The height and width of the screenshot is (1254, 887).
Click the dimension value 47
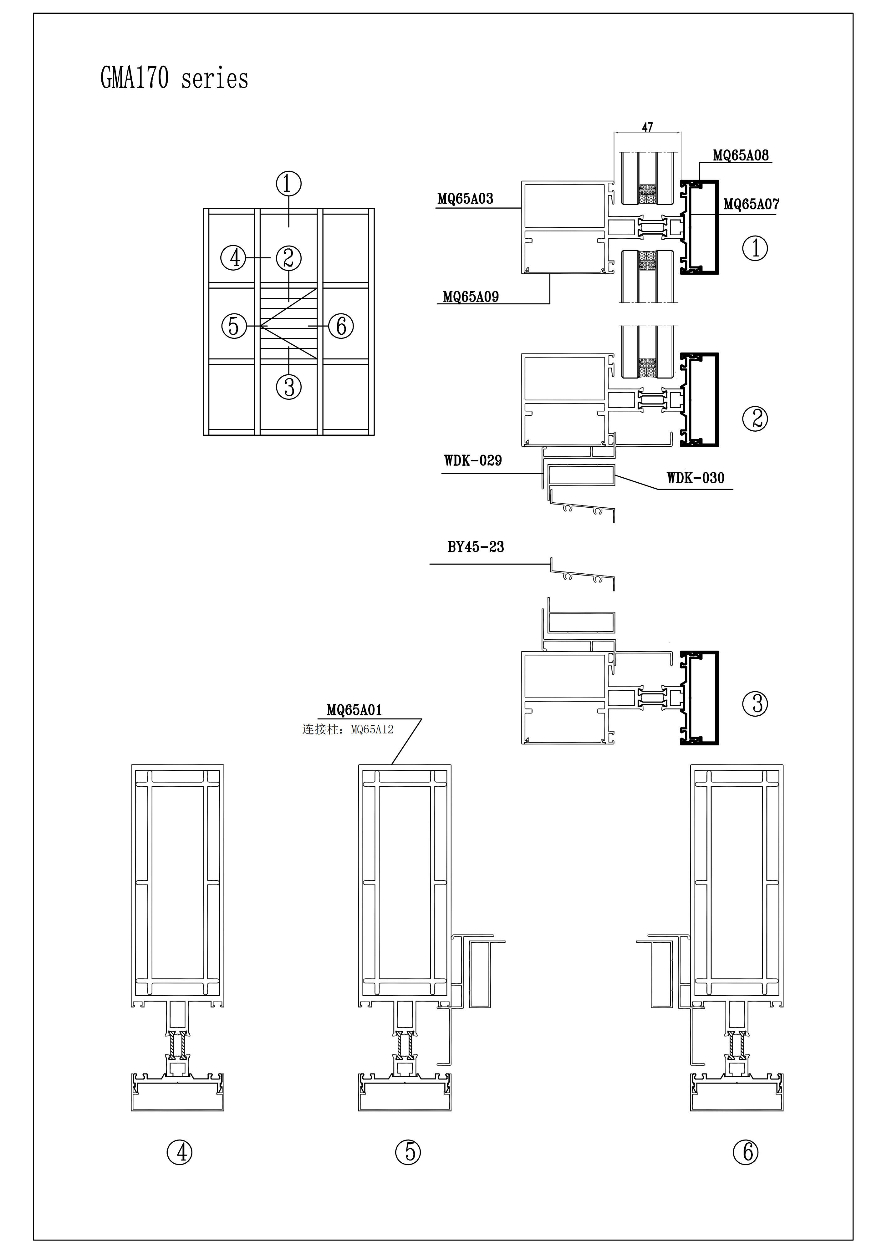(x=647, y=127)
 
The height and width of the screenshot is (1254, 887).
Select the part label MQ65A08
(x=741, y=156)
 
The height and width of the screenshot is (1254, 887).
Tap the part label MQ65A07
(x=751, y=204)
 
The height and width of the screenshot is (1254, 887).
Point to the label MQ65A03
(x=465, y=199)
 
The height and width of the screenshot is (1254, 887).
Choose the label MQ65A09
(x=471, y=297)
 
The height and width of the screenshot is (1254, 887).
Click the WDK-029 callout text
(x=473, y=460)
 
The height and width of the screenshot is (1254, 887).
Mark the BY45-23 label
(x=476, y=547)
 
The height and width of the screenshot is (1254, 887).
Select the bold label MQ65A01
(x=354, y=710)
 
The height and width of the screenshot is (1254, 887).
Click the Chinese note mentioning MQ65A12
(x=348, y=730)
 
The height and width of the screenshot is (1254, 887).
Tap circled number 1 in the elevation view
(x=289, y=184)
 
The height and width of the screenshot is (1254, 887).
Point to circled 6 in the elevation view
(x=341, y=326)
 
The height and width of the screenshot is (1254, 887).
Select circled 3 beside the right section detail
(x=755, y=703)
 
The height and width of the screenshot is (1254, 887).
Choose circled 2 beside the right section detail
(x=755, y=419)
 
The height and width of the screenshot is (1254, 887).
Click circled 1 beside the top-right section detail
(x=755, y=248)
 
